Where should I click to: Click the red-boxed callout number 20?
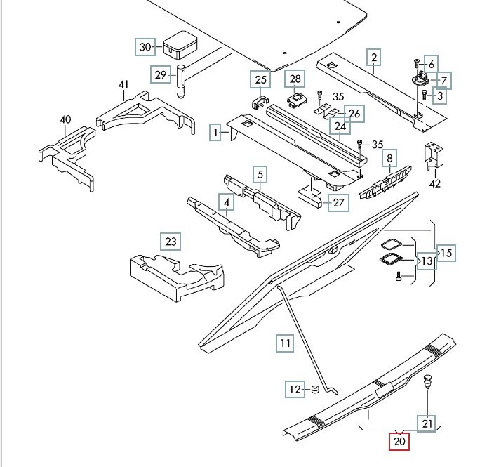pyautogui.click(x=400, y=442)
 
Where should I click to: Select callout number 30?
pyautogui.click(x=145, y=47)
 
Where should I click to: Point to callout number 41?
pyautogui.click(x=124, y=85)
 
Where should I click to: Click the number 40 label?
pyautogui.click(x=65, y=119)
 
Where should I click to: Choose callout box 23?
pyautogui.click(x=171, y=242)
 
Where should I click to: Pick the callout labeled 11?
pyautogui.click(x=285, y=343)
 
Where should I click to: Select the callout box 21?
pyautogui.click(x=427, y=423)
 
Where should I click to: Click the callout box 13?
pyautogui.click(x=426, y=261)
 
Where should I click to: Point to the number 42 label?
pyautogui.click(x=435, y=185)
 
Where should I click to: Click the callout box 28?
pyautogui.click(x=295, y=79)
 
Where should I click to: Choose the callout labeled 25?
pyautogui.click(x=261, y=79)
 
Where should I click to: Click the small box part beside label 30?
pyautogui.click(x=179, y=46)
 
